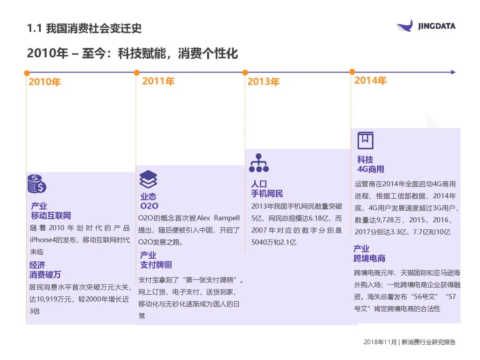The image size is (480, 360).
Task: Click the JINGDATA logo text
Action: point(436,26)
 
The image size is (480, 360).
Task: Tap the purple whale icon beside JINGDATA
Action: point(405,26)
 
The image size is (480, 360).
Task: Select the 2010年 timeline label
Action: point(44,82)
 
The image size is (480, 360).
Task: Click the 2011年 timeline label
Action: point(158,81)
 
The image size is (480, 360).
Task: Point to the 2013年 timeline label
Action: point(263,82)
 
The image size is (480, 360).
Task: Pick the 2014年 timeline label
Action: point(370,80)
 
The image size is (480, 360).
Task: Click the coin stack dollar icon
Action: point(36,184)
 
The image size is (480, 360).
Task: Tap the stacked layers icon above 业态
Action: point(148,179)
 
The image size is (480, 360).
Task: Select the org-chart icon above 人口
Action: point(259,163)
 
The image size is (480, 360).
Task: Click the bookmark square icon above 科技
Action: point(365,140)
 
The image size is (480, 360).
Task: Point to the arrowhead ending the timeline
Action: point(453,72)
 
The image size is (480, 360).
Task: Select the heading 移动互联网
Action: point(51,216)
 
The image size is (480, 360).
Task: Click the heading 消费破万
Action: point(45,275)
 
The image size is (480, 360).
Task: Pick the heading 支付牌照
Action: point(156,265)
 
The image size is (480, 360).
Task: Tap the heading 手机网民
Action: point(267,194)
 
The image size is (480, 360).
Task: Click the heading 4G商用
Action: point(370,169)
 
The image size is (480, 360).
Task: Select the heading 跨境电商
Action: point(369,259)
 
